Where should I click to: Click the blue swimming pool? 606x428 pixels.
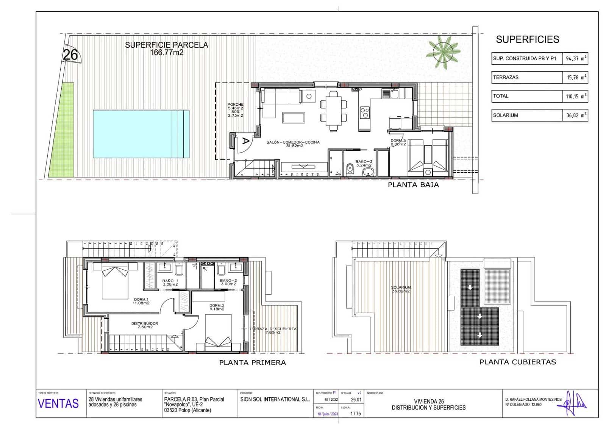141,134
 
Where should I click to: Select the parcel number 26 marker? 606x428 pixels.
70,55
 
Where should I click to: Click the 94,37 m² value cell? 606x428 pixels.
575,58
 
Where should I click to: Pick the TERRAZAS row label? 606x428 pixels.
506,77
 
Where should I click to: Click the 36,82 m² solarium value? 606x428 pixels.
575,115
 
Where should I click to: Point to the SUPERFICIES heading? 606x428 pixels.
527,39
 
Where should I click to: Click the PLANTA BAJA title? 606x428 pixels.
413,185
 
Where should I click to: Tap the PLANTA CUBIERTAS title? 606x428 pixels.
517,362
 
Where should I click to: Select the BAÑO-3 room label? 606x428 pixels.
364,163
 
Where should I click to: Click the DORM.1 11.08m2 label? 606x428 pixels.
141,301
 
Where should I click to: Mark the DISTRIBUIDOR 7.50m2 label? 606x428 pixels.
144,325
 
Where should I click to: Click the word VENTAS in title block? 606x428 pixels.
58,403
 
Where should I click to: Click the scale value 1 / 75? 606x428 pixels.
355,414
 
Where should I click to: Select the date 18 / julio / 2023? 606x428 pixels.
327,414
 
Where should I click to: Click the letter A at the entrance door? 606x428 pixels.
245,141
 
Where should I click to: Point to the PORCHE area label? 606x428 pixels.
235,109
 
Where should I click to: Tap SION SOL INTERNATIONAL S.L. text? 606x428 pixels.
275,399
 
